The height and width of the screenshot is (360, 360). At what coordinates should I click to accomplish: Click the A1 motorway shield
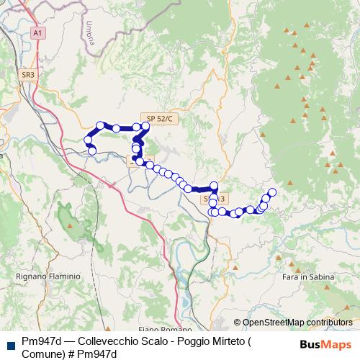[38, 32]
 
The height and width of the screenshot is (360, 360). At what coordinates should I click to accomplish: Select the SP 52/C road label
[159, 118]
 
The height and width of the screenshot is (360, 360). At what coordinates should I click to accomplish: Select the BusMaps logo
[325, 344]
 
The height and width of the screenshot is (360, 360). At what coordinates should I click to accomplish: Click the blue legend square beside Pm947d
[9, 344]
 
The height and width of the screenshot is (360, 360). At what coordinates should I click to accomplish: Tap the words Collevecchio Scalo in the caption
[113, 340]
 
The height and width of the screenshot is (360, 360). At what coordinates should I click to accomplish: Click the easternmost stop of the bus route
[272, 192]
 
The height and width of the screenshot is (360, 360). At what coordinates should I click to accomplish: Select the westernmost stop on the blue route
[89, 140]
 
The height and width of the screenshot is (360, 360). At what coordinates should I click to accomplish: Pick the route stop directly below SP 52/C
[145, 127]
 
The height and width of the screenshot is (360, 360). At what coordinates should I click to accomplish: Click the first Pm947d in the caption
[40, 340]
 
